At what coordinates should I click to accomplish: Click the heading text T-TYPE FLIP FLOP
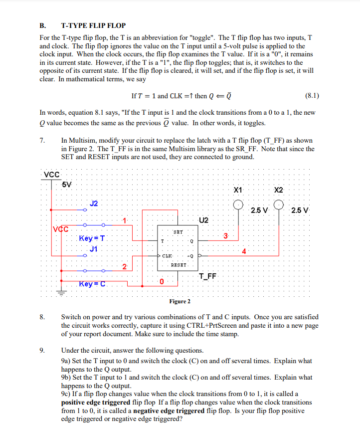point(93,25)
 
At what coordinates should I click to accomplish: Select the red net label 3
point(225,235)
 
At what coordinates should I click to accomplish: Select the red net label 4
point(244,251)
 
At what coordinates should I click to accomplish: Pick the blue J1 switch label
point(93,248)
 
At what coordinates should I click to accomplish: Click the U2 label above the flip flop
point(203,220)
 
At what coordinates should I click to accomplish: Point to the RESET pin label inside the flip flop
point(179,265)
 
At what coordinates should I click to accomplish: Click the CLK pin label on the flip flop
point(167,256)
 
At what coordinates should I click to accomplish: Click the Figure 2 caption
point(180,301)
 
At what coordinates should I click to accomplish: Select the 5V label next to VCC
point(66,185)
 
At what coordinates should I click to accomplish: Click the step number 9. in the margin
point(43,350)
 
